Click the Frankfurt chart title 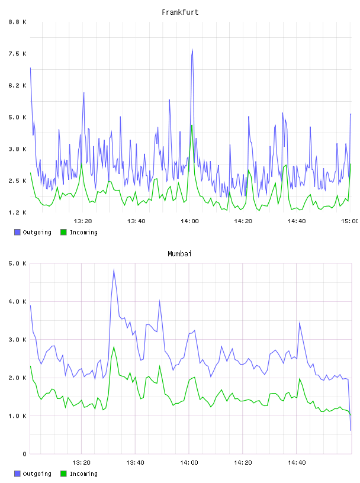pyautogui.click(x=180, y=12)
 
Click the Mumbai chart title pyautogui.click(x=179, y=254)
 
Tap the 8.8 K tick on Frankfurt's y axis pyautogui.click(x=17, y=22)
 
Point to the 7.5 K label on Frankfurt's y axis pyautogui.click(x=17, y=54)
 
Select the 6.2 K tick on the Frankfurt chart pyautogui.click(x=17, y=85)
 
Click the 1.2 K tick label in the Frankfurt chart pyautogui.click(x=17, y=212)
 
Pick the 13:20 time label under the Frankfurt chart pyautogui.click(x=83, y=221)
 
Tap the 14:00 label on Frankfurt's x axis pyautogui.click(x=189, y=221)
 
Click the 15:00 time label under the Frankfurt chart pyautogui.click(x=349, y=221)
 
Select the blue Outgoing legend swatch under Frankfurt pyautogui.click(x=17, y=232)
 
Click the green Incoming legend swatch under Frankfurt pyautogui.click(x=63, y=232)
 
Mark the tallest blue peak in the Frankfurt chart pyautogui.click(x=192, y=49)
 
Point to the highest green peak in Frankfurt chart pyautogui.click(x=192, y=125)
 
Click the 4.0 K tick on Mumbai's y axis pyautogui.click(x=17, y=301)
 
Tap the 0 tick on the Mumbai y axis pyautogui.click(x=25, y=454)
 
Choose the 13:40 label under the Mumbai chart pyautogui.click(x=135, y=462)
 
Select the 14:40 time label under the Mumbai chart pyautogui.click(x=297, y=462)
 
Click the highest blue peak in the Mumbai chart pyautogui.click(x=114, y=270)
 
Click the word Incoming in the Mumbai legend pyautogui.click(x=83, y=474)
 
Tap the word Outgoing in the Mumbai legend pyautogui.click(x=37, y=474)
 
